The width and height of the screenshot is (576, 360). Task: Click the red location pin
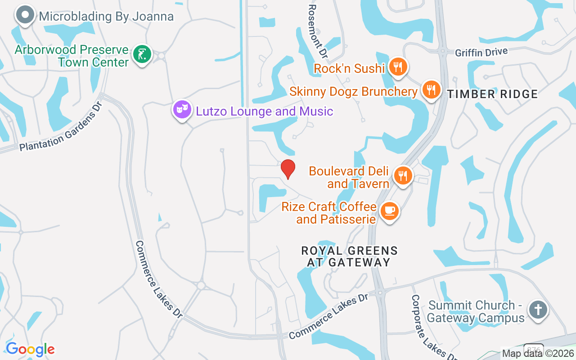tap(288, 169)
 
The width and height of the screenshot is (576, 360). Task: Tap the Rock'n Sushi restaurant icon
tap(398, 67)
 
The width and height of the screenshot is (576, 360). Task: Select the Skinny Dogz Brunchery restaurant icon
tap(431, 90)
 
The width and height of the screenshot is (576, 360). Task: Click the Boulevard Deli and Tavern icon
tap(403, 175)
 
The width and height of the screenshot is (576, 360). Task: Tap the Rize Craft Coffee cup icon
tap(389, 211)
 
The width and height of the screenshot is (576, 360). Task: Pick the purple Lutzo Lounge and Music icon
tap(182, 109)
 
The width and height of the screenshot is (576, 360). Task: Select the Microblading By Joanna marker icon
tap(25, 15)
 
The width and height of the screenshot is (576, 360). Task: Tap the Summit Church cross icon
tap(538, 310)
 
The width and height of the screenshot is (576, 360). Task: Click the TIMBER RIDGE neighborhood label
tap(492, 94)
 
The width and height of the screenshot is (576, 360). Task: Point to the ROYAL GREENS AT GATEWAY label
tap(349, 256)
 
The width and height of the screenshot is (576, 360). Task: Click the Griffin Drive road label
tap(481, 52)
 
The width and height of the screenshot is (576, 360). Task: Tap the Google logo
tap(30, 349)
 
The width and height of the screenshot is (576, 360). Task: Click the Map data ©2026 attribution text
tap(538, 354)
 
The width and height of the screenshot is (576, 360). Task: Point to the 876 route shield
tap(534, 348)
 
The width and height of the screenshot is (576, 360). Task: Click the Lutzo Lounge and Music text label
tap(264, 111)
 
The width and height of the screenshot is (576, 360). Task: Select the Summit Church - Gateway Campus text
tap(476, 311)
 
